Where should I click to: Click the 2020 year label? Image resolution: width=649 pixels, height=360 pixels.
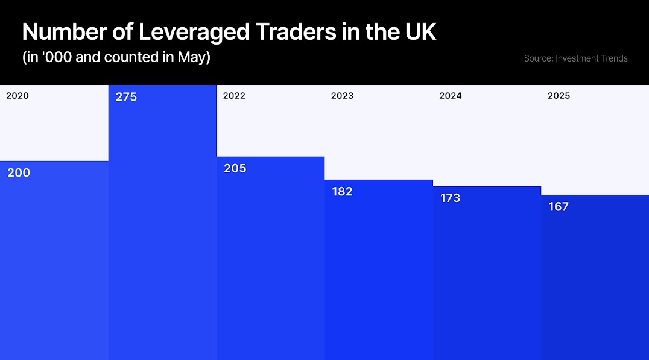pos(17,96)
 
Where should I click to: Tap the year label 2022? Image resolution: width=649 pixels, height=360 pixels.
pos(234,96)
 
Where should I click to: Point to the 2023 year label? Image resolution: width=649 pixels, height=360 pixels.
pos(342,96)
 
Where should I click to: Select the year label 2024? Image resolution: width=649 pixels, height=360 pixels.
pos(451,96)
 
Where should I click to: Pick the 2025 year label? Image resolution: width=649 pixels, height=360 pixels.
pos(559,96)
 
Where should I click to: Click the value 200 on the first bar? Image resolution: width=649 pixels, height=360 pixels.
pos(19,173)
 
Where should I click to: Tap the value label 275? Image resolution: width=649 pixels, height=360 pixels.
pos(126,97)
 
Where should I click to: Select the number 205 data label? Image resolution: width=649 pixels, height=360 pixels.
pos(235,169)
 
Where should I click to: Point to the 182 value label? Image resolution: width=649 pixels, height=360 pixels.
pos(342,192)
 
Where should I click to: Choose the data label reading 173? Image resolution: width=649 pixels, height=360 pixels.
pos(450,198)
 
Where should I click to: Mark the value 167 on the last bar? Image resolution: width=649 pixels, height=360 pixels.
pos(559,207)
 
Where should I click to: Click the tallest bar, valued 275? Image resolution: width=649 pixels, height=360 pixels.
pos(162,229)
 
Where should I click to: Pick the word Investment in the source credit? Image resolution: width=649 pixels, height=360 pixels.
pos(578,58)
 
